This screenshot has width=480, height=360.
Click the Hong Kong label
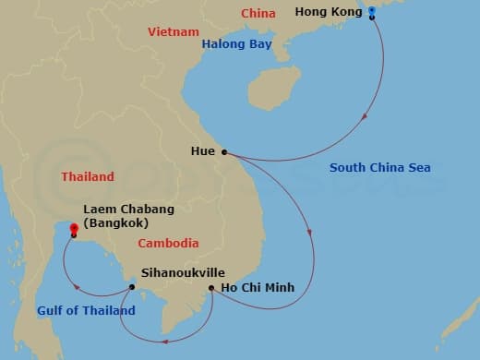point(329,12)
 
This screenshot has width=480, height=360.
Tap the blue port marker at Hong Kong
point(371,12)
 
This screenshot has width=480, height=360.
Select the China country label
point(258,13)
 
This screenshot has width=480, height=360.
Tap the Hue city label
point(202,151)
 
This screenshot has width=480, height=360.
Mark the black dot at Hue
point(223,153)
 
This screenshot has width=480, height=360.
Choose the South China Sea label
point(380,167)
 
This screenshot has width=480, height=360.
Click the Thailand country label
point(88,176)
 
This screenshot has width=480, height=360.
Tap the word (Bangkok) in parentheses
point(115,223)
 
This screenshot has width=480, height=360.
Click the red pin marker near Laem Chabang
point(73,227)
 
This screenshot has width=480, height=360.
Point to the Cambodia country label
point(168,244)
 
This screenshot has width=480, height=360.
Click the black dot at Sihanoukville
point(132,287)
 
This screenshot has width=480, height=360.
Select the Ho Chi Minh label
point(258,288)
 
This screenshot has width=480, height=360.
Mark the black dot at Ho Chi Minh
point(211,288)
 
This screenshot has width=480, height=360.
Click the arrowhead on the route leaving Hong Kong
point(367,116)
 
